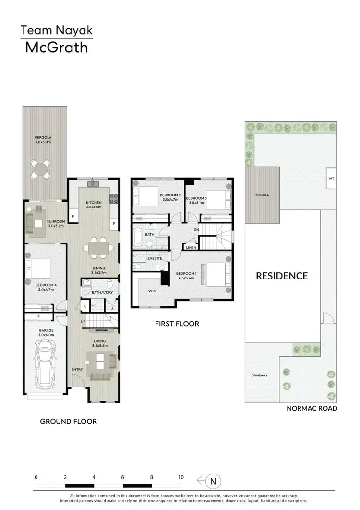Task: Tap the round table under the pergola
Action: point(40,169)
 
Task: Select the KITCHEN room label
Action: point(94,203)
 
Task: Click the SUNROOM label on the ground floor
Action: point(56,221)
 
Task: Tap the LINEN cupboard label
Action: point(192,248)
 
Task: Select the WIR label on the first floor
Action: point(152,291)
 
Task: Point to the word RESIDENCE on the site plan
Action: point(281,276)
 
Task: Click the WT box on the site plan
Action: point(331,178)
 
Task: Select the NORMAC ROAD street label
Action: point(312,408)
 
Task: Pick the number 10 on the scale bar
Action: point(180,477)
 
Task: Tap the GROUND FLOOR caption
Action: point(69,421)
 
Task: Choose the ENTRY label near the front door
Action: point(77,369)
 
